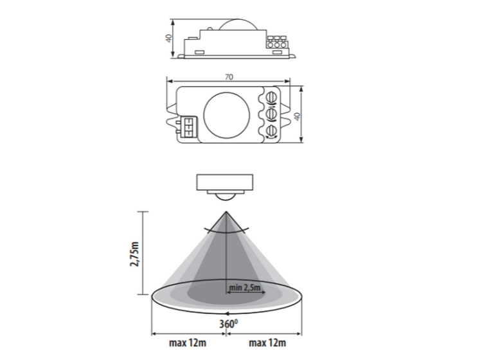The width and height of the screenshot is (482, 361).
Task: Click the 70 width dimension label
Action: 229,77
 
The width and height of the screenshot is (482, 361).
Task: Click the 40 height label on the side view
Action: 168,38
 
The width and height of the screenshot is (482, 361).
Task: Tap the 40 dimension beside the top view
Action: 297,116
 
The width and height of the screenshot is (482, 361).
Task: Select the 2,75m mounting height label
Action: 135,254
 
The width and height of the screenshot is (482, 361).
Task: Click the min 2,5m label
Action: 245,288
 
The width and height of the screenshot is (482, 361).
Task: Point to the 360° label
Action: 228,324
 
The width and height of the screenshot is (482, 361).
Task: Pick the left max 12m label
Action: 188,342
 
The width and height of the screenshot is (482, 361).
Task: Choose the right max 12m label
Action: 267,342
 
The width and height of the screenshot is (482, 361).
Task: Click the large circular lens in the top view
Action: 227,114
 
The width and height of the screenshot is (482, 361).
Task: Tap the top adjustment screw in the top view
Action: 271,97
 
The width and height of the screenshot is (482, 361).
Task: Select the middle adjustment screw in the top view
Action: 271,114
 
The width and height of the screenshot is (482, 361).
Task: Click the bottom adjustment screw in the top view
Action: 271,130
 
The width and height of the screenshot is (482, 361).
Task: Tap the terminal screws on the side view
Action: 276,42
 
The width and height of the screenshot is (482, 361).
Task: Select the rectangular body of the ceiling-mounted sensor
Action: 225,182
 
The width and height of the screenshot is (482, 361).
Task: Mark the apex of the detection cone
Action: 227,212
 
